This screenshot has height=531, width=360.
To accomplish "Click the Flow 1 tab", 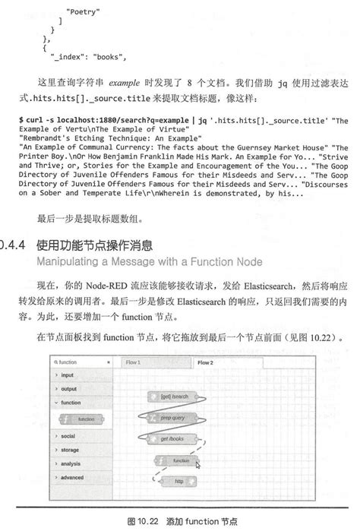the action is [x=134, y=363].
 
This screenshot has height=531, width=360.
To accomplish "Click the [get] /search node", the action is [x=174, y=397].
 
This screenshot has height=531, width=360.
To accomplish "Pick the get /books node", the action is [x=175, y=439].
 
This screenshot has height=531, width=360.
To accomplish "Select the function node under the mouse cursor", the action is [x=179, y=460].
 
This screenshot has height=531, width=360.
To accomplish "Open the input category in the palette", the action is [x=68, y=375].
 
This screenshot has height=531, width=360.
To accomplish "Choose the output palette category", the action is [x=69, y=389].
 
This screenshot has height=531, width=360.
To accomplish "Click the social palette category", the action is [x=68, y=436].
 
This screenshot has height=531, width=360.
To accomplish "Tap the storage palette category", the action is [x=70, y=450].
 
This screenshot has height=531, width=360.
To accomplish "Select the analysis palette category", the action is [x=71, y=463].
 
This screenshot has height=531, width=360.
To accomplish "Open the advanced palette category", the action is [x=72, y=477].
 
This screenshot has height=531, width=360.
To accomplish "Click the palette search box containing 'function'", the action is [x=80, y=362].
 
